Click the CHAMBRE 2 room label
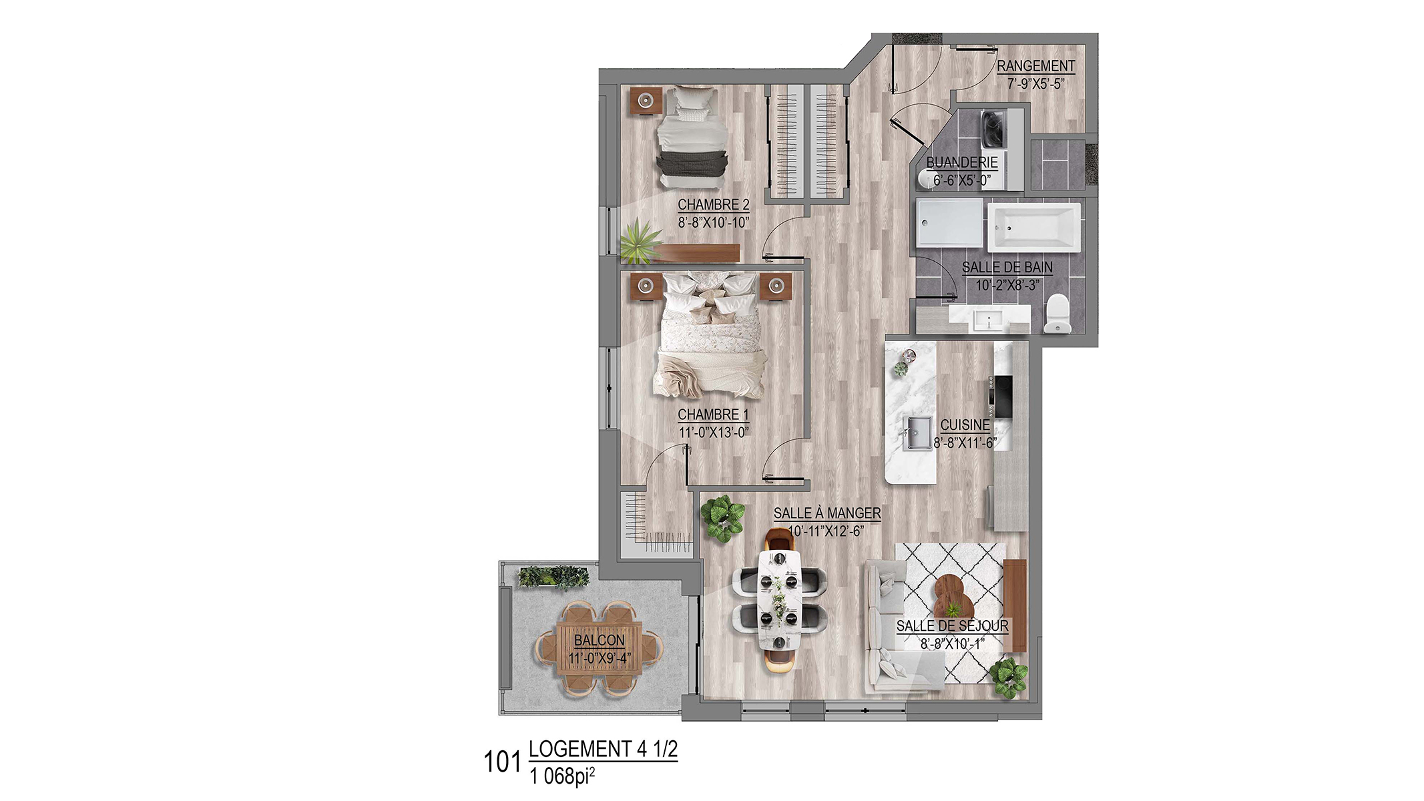(714, 205)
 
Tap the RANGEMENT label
(1035, 66)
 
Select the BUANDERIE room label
(962, 162)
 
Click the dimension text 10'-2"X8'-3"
(1007, 286)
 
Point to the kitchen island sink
(919, 433)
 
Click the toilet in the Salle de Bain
(1057, 314)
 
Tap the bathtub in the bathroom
(1033, 228)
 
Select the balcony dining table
(599, 649)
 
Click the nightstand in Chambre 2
(646, 101)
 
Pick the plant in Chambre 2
(640, 242)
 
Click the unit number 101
(502, 762)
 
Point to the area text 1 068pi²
(562, 776)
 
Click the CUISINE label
(965, 425)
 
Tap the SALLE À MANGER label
(827, 513)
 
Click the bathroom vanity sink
(989, 320)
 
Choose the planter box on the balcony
(553, 577)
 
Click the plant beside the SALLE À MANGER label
(722, 519)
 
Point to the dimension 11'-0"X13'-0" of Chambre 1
(714, 433)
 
